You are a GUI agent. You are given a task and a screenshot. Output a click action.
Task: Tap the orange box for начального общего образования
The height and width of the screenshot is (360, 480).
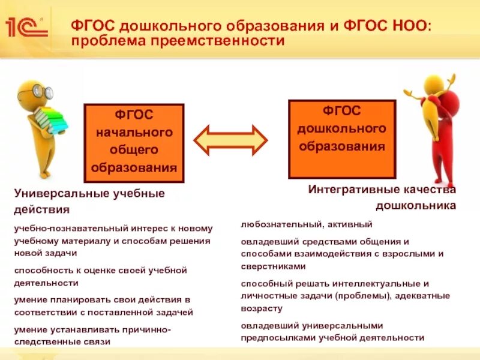click(134, 143)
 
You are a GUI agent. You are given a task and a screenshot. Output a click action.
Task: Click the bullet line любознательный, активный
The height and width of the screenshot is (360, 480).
click(307, 224)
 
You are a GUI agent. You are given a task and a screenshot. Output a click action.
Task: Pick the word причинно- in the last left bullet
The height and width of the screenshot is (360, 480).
click(149, 329)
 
